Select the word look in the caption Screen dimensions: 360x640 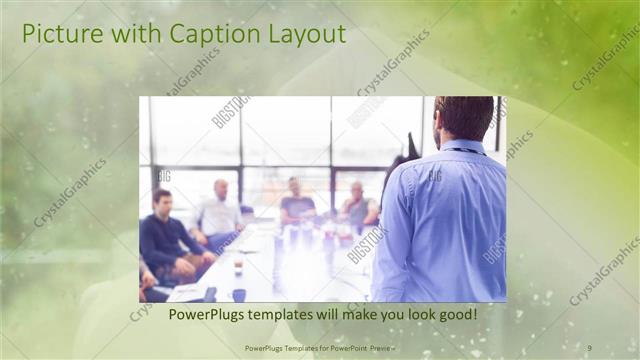[x=407, y=313]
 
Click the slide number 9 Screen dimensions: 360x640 [x=590, y=347]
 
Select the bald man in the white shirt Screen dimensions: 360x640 [x=219, y=210]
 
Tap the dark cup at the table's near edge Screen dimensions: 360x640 [x=239, y=294]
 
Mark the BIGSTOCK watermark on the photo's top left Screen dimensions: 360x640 [x=230, y=111]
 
